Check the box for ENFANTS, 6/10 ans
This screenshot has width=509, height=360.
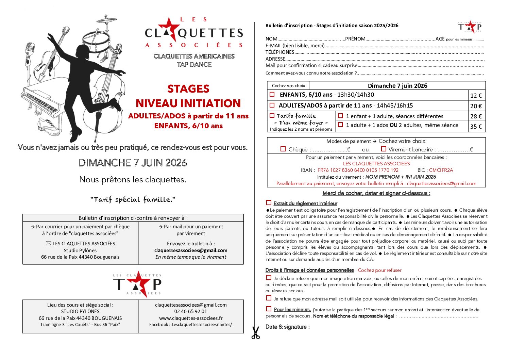tap(272, 94)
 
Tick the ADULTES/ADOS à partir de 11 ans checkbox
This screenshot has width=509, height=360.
tap(272, 105)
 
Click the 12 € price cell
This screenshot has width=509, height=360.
tap(476, 96)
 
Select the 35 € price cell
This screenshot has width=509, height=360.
tap(476, 127)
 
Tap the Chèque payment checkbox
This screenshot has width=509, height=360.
tap(283, 149)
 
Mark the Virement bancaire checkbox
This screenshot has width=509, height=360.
tap(384, 149)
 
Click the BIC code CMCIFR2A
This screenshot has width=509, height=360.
tap(441, 170)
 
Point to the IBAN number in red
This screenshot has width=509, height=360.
tap(358, 170)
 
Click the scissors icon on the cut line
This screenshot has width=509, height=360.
tap(255, 333)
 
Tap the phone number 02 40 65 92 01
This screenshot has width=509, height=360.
tap(191, 311)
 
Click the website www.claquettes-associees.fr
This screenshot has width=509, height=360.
tap(191, 318)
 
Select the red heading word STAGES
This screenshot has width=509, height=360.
tap(188, 89)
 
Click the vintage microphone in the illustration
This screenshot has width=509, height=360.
tap(30, 51)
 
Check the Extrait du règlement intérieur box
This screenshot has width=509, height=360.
tap(269, 203)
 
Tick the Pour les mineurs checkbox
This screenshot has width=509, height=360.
tap(269, 309)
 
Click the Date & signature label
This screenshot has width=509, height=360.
tap(287, 327)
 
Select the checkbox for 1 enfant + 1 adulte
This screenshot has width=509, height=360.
tap(340, 116)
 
